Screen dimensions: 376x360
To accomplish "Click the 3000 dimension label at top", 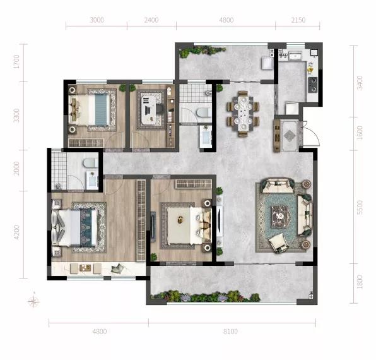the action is pos(97,20).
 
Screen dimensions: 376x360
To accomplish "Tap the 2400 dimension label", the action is pos(151,20).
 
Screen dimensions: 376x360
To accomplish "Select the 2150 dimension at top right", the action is pos(298,20).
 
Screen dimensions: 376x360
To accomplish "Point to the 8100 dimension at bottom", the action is pos(230,332).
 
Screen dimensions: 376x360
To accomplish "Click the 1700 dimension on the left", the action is pos(16,62).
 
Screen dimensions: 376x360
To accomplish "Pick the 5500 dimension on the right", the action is pos(360,208).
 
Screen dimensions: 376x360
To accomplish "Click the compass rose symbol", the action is pos(34,301).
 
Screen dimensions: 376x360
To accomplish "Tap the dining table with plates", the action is pos(244,113).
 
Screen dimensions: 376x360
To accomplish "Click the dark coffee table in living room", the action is pos(281,217).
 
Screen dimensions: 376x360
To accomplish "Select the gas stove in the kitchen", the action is pos(313,85).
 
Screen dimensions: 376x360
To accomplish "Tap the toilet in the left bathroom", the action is pos(90,163).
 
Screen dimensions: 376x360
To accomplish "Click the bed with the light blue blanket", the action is pos(90,110).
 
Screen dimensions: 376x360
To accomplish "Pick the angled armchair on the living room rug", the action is pos(278,243).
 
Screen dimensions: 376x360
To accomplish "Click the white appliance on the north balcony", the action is pos(267,63).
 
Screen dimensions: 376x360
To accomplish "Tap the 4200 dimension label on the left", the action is pos(16,232).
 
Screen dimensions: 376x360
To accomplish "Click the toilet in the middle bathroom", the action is pos(204,112).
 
